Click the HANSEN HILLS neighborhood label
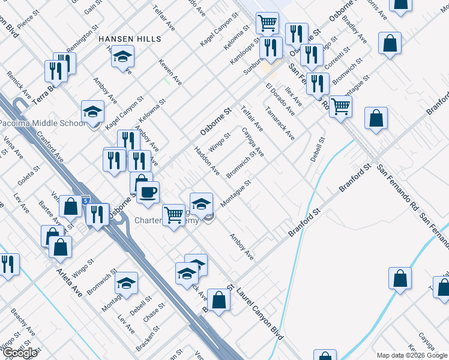point(130,39)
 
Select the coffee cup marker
point(148,193)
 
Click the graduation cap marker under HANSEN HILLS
point(122,57)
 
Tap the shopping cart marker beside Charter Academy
point(174,214)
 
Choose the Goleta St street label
point(28,178)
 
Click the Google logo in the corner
point(20,353)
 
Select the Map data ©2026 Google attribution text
point(412,355)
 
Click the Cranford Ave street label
point(49,148)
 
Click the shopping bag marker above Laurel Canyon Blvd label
point(218,300)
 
